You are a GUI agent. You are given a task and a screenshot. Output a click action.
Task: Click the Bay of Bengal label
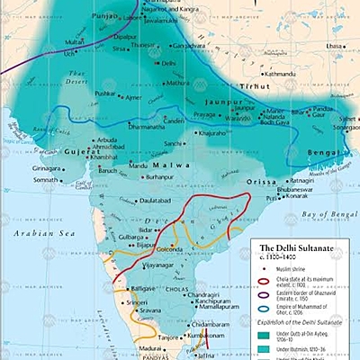coord(323,214)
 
